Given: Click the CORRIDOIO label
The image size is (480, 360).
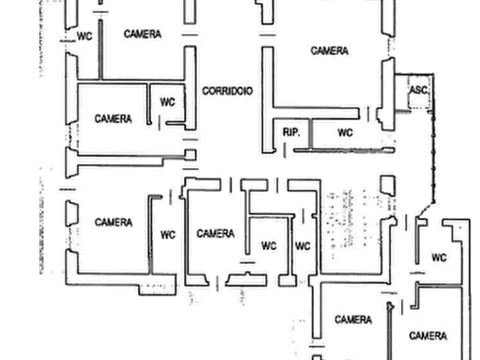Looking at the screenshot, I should [x=227, y=91].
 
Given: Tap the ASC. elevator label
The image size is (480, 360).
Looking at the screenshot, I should [x=418, y=90].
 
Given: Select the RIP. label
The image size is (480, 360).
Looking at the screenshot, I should [x=291, y=132].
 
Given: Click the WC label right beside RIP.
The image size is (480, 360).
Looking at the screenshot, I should [x=345, y=132].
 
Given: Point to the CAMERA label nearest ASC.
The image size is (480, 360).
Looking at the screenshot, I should [x=329, y=51].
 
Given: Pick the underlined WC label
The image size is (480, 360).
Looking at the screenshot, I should [x=168, y=235].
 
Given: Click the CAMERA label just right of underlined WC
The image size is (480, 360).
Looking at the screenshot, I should [x=215, y=234].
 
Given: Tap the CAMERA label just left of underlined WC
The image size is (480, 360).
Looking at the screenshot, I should [x=113, y=222].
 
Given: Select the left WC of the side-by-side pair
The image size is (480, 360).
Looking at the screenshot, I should [x=269, y=246].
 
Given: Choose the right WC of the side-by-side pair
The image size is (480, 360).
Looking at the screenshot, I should [x=303, y=246].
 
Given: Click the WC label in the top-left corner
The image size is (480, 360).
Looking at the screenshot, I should [x=84, y=37].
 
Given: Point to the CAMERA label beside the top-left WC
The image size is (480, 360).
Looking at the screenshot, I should [x=142, y=34].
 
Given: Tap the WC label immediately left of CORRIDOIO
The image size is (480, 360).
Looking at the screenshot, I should [x=168, y=102].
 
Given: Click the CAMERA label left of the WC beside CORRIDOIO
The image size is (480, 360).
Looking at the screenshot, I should [x=113, y=118].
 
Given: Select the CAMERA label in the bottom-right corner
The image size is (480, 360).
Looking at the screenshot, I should [x=428, y=336].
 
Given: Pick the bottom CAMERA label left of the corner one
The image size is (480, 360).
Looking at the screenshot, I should [x=353, y=320].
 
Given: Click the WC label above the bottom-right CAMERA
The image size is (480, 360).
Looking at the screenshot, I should [x=439, y=258].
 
